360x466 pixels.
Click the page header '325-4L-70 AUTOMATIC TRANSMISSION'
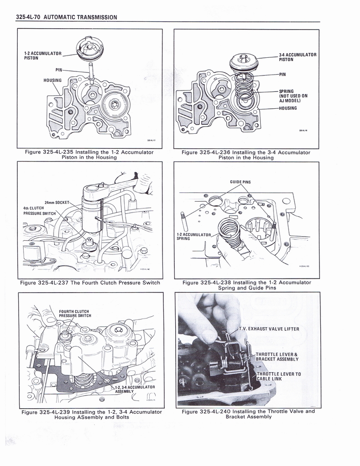point(66,17)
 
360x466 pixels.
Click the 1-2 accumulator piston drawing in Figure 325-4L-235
point(90,48)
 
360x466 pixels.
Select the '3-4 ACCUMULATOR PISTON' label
point(298,57)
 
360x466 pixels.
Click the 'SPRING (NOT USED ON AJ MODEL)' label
point(293,96)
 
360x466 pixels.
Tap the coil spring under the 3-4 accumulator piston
point(244,84)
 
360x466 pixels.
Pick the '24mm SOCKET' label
point(56,202)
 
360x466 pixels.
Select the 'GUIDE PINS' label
point(240,182)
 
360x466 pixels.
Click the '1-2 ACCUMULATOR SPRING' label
point(193,237)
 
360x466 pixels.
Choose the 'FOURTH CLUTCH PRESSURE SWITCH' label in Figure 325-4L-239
point(75,314)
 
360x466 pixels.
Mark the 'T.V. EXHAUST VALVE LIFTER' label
point(269,329)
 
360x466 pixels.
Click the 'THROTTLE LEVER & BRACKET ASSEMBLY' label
point(277,356)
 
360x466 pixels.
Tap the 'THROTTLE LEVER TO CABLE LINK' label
point(278,376)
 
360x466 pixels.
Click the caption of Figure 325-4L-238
point(247,285)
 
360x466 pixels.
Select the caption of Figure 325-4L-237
point(90,283)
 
